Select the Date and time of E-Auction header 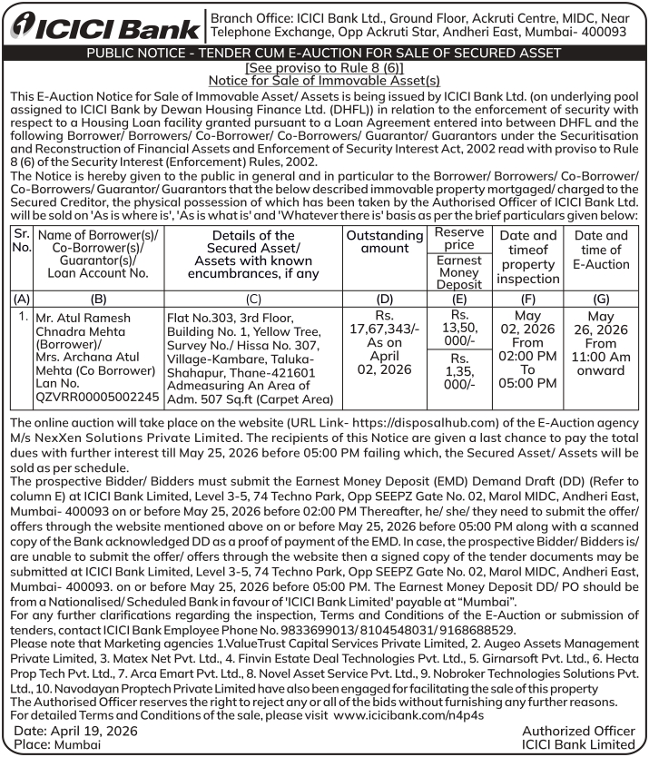(x=600, y=250)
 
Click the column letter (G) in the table (x=600, y=297)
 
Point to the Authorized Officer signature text (x=578, y=731)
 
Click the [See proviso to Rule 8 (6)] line (x=324, y=68)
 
